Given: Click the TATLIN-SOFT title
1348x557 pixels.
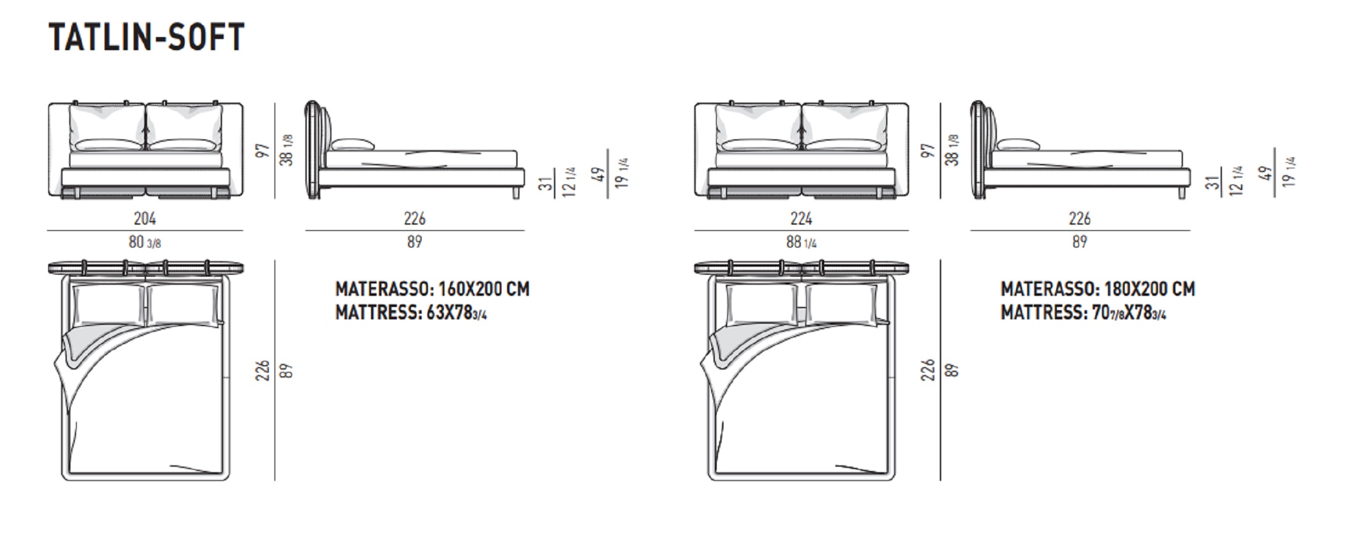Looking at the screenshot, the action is [147, 37].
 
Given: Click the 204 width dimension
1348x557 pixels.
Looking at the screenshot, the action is [145, 218].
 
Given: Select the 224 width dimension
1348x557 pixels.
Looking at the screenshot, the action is [801, 218].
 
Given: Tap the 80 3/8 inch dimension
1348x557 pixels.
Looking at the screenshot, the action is [145, 242].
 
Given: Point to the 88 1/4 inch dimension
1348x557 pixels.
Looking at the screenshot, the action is [801, 242].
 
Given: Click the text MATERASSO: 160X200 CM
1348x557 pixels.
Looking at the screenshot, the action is [432, 289].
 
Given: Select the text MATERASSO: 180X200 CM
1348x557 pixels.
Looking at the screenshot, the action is [1098, 289].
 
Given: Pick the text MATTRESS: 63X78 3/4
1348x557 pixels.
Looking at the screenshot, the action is [411, 313].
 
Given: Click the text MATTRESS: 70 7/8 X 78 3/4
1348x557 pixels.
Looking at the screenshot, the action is [1083, 313].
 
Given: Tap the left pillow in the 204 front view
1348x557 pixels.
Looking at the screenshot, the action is [106, 127].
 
